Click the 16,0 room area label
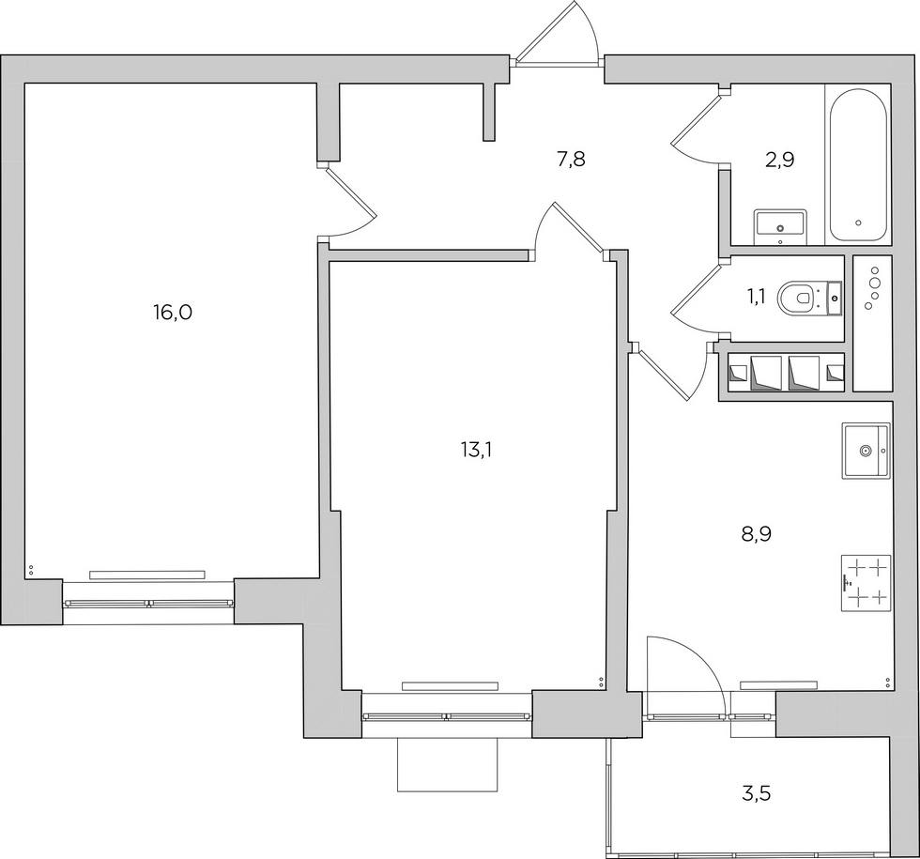[x=172, y=314]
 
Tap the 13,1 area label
[x=477, y=450]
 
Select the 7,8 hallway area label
[x=571, y=159]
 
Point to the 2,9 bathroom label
[x=780, y=159]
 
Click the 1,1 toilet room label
[x=757, y=298]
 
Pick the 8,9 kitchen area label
[x=756, y=534]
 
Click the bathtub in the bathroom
[x=857, y=165]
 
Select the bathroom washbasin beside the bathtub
[x=780, y=223]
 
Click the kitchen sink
[x=865, y=451]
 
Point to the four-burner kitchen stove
[x=865, y=581]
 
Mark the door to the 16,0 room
[x=349, y=203]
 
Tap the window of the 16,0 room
[x=147, y=604]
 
